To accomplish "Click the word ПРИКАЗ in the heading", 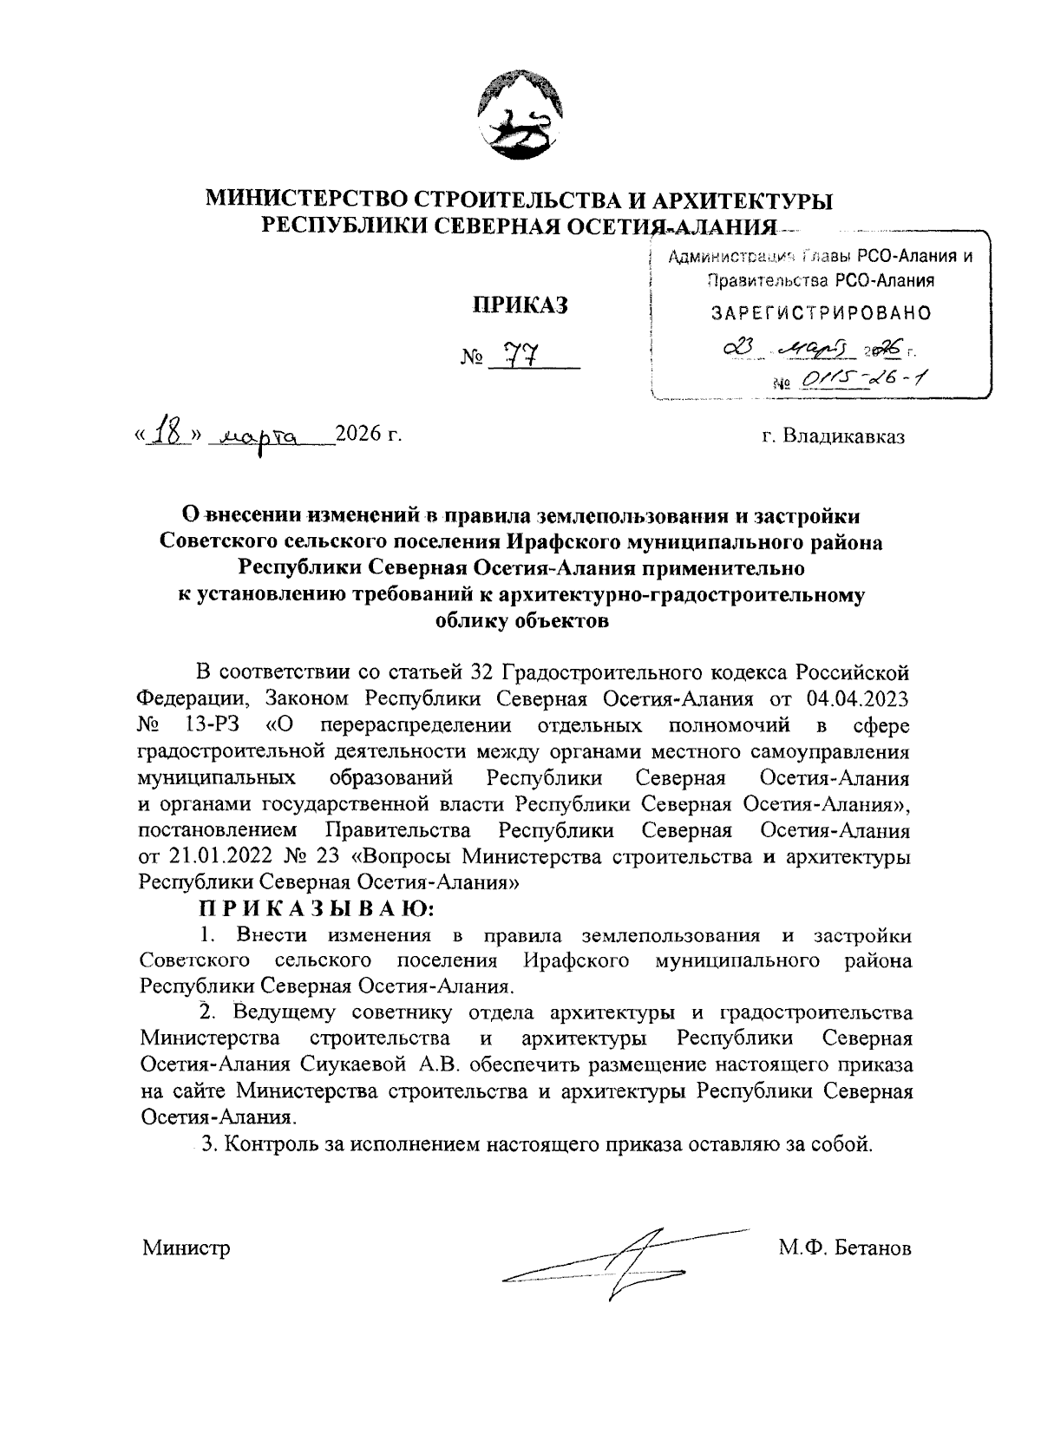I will [x=519, y=305].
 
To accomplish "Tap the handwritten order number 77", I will [x=523, y=354].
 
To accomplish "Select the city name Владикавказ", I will [x=844, y=436].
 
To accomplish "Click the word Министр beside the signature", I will [x=187, y=1248].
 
